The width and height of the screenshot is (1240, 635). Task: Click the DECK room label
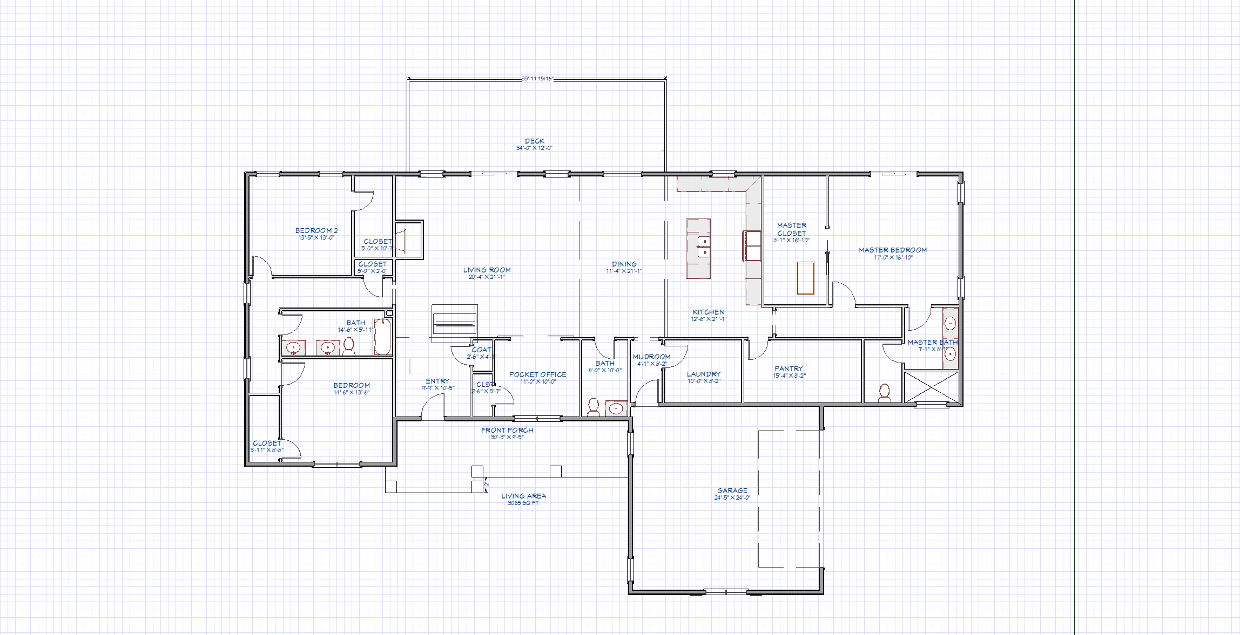(x=534, y=141)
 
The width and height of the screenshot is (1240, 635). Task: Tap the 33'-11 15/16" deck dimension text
(x=537, y=79)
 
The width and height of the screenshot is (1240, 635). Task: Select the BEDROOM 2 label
(x=316, y=230)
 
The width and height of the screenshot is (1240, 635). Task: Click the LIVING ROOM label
(x=487, y=270)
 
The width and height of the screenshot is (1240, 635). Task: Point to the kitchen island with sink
(x=698, y=248)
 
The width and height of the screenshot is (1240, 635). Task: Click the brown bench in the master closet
(x=805, y=278)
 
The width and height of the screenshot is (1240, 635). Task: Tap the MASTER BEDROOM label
(x=892, y=250)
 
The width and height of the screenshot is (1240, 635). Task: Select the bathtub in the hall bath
(x=382, y=337)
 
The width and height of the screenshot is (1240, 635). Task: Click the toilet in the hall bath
(x=349, y=346)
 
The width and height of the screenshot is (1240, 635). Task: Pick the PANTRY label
(x=789, y=368)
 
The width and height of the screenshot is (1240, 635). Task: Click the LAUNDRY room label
(x=703, y=374)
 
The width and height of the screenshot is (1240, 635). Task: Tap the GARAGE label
(x=732, y=490)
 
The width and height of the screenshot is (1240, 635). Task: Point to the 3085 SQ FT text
(x=523, y=503)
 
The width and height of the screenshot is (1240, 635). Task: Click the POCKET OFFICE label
(x=537, y=374)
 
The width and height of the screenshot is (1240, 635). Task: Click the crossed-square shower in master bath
(x=931, y=386)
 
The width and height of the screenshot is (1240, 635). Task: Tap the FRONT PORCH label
(x=507, y=430)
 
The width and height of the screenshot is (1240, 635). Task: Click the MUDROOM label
(x=651, y=357)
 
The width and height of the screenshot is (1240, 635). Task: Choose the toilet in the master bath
(x=884, y=392)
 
